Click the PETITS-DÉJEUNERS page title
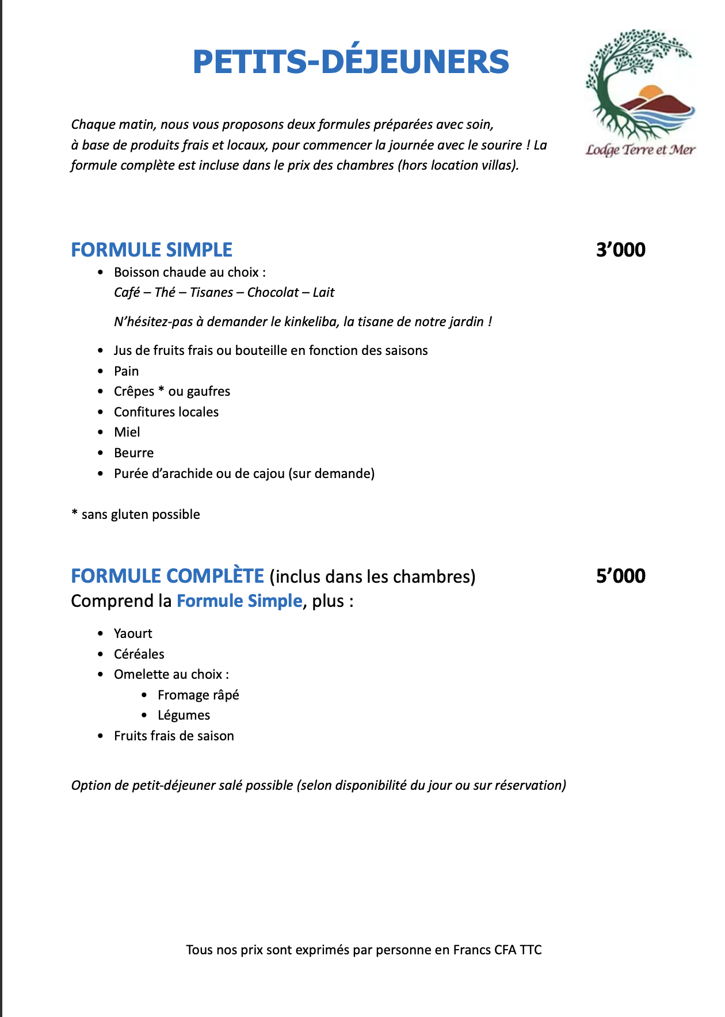(350, 62)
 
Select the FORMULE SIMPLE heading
(151, 250)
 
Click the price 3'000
(620, 250)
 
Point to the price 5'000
(620, 576)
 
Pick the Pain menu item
(126, 371)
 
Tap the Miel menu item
(127, 432)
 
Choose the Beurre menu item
(133, 453)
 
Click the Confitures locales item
(166, 412)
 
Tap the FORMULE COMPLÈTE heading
(167, 576)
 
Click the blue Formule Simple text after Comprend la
(239, 601)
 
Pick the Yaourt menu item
(133, 633)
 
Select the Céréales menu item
(139, 654)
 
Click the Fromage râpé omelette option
(198, 695)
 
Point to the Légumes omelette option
(184, 715)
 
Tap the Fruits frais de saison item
(174, 736)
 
